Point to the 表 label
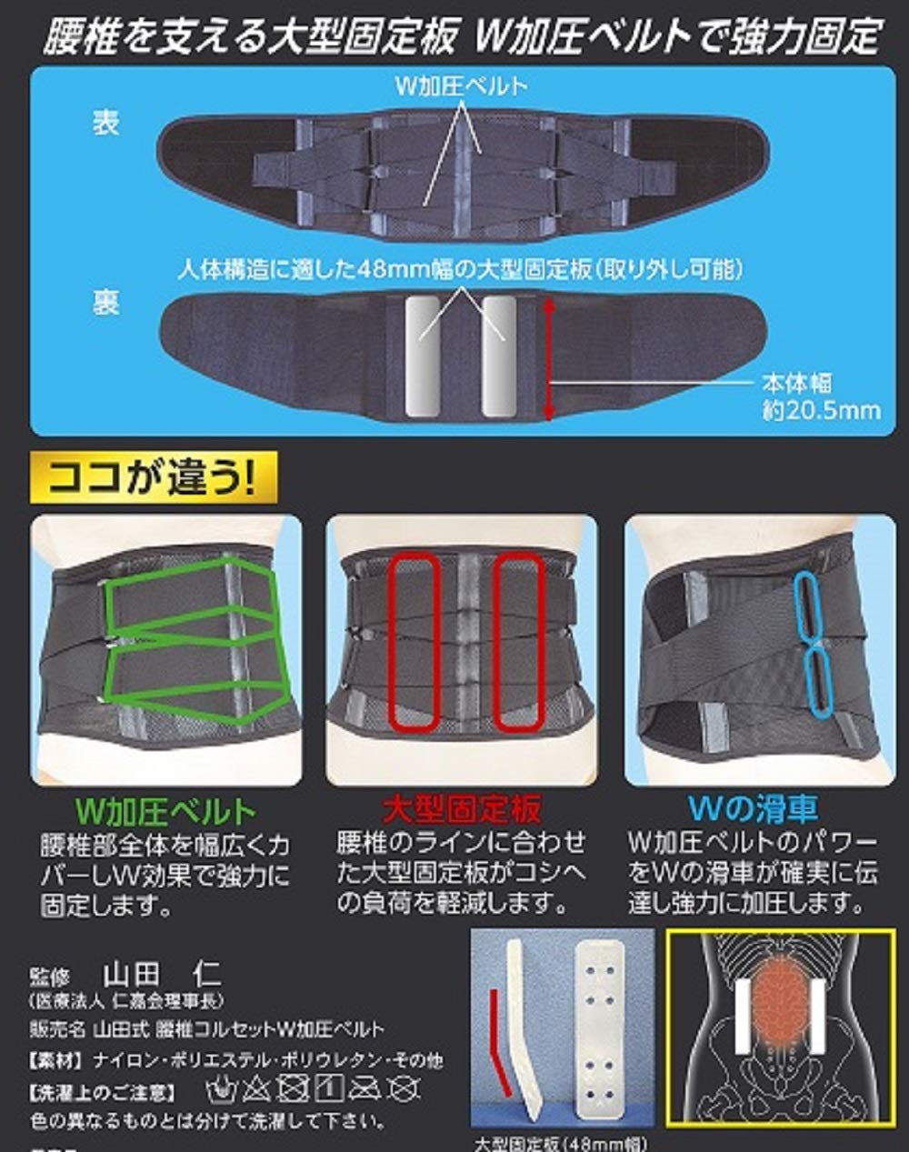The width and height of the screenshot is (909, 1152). [x=105, y=122]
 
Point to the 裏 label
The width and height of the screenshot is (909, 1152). [x=105, y=302]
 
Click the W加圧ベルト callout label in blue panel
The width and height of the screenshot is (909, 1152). [x=461, y=87]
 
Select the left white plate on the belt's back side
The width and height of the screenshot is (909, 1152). [x=423, y=356]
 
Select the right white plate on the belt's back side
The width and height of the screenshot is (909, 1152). [x=498, y=356]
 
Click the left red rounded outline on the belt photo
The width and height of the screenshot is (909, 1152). [x=415, y=641]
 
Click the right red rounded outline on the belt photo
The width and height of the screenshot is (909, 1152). [x=521, y=641]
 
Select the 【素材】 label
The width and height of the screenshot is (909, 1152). [x=57, y=1060]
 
